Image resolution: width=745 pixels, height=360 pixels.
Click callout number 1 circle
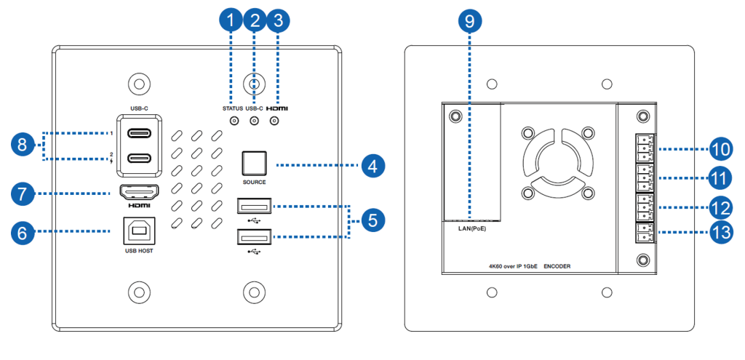(231, 21)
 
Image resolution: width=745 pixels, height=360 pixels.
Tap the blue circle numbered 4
(372, 166)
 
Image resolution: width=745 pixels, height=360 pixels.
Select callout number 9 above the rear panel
(469, 21)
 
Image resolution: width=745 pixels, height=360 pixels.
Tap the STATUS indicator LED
(234, 121)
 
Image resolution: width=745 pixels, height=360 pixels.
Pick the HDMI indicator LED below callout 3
(274, 121)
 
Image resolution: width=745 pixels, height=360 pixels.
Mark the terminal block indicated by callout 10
(642, 149)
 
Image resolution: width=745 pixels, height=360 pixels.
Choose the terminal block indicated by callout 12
(642, 207)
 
